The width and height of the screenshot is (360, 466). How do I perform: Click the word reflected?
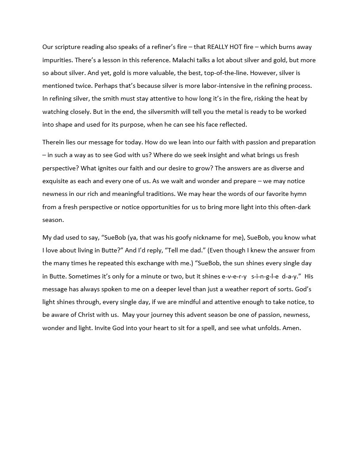[x=232, y=124]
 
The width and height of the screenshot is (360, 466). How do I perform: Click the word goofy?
[x=181, y=237]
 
